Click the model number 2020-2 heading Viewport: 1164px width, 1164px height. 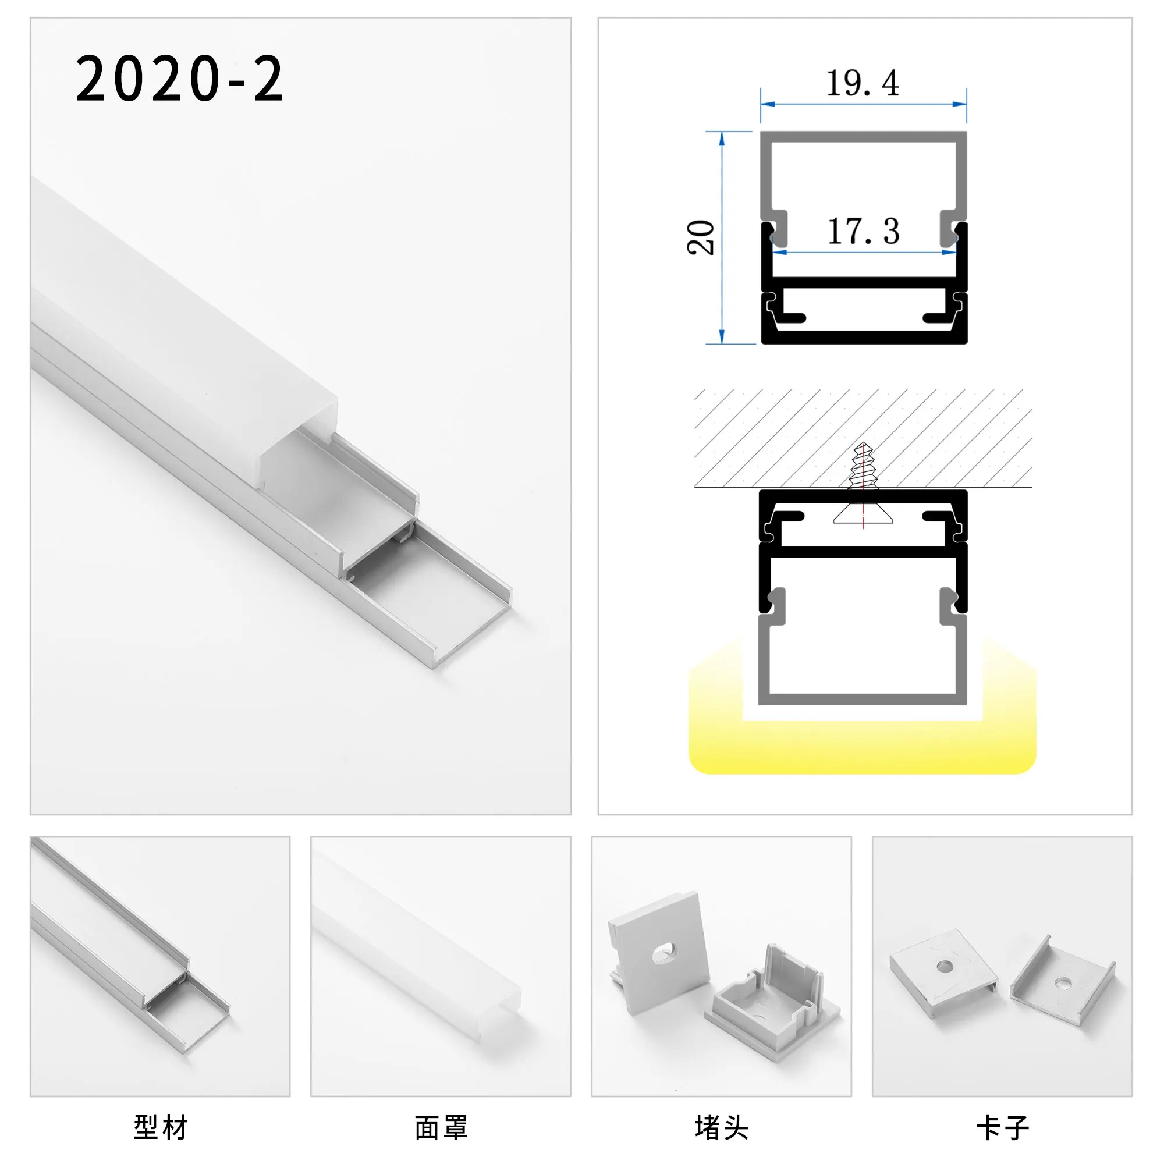coord(179,79)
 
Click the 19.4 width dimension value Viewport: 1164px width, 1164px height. coord(862,83)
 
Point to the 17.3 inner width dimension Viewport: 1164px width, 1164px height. coord(863,232)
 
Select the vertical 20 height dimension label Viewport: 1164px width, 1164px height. coord(701,237)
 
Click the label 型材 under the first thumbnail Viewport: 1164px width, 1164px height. coord(160,1127)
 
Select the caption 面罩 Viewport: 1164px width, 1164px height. coord(441,1127)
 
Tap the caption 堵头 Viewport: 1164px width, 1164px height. coord(721,1127)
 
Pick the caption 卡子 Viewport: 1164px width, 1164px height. coord(1002,1127)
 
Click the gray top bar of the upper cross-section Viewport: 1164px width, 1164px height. coord(863,137)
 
